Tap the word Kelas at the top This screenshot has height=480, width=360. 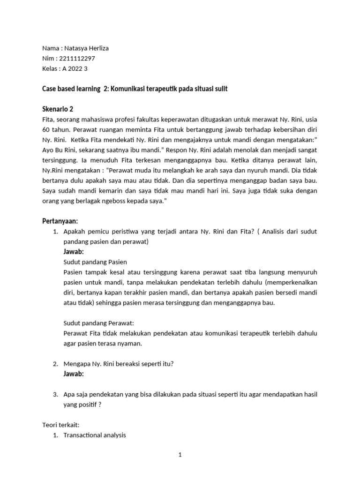click(50, 68)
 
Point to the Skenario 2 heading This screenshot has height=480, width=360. click(58, 109)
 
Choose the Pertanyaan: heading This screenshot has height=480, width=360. click(60, 221)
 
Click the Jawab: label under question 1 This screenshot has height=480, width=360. click(74, 252)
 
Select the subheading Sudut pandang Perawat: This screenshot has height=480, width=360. click(98, 323)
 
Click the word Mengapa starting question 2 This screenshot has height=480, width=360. click(77, 364)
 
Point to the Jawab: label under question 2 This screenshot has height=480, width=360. click(74, 374)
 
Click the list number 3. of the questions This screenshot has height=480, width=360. click(55, 394)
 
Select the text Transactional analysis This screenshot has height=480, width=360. click(95, 435)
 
